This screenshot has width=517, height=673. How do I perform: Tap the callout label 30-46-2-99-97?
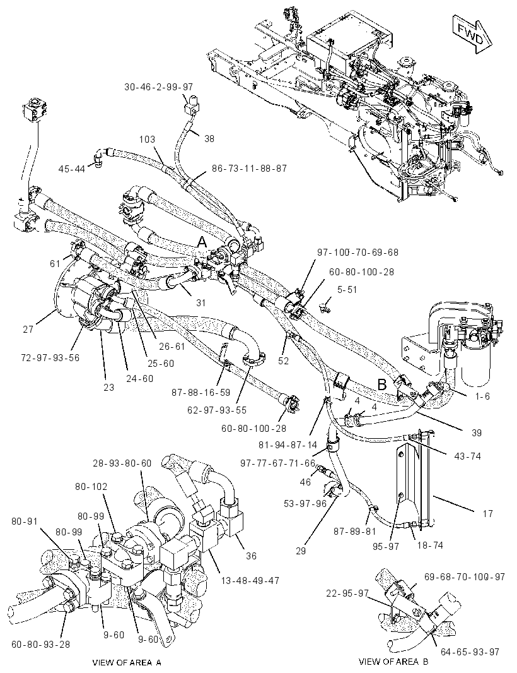click(x=159, y=87)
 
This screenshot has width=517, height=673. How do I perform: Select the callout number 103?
click(x=147, y=140)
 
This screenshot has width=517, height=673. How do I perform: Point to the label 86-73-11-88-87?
click(x=250, y=168)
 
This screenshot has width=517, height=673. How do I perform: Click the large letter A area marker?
click(x=202, y=242)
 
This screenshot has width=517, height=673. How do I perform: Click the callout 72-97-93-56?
click(x=50, y=357)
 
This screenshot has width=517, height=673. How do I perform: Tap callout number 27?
click(x=28, y=330)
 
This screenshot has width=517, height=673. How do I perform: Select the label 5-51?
click(x=347, y=290)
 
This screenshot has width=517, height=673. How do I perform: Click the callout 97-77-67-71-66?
click(x=278, y=463)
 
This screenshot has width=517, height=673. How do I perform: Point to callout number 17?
click(x=488, y=513)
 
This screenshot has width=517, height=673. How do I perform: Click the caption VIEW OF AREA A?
click(x=127, y=662)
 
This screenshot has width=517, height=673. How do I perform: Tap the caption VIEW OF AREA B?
click(x=393, y=662)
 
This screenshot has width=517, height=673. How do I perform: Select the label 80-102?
click(x=92, y=487)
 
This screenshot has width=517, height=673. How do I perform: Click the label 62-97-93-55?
click(x=217, y=410)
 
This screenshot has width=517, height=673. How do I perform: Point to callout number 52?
click(x=283, y=361)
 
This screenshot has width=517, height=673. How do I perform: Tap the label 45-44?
click(x=72, y=169)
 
